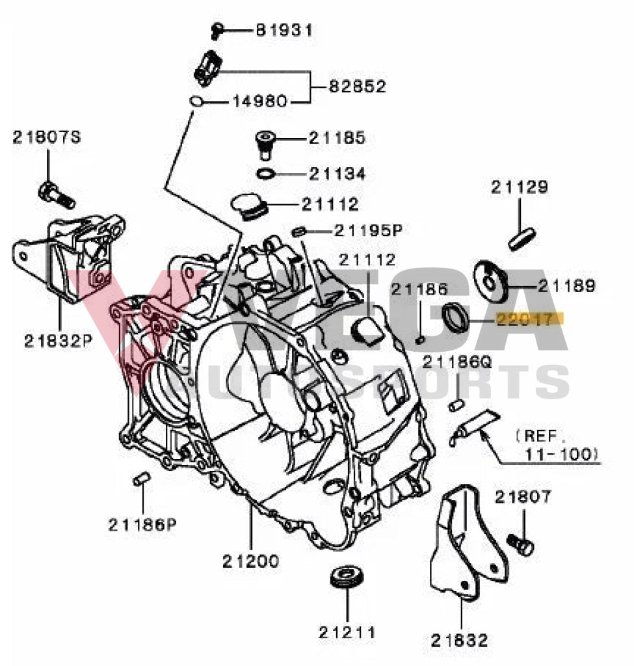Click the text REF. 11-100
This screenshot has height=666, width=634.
[x=554, y=444]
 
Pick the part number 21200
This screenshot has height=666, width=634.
[x=251, y=561]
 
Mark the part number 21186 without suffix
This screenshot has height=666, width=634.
[x=419, y=291]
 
